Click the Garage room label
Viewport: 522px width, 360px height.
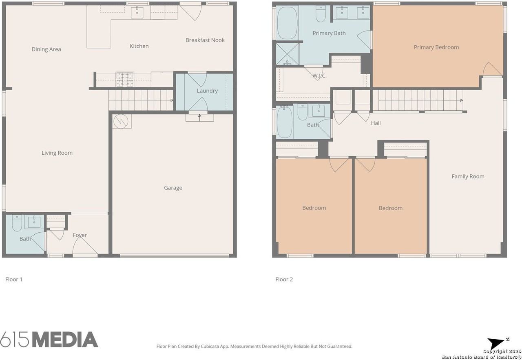pos(173,188)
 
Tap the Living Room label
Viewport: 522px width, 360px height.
pos(57,153)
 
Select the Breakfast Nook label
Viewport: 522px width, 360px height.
pos(205,40)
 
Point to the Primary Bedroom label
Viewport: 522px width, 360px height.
pos(436,47)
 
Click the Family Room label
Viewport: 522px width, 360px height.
pos(468,176)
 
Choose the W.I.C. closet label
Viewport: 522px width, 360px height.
pos(319,76)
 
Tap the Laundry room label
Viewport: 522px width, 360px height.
pos(207,91)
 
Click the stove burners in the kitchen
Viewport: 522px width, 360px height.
pos(125,79)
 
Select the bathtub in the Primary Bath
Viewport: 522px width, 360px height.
pos(287,23)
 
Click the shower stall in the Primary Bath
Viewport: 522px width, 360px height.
pos(288,54)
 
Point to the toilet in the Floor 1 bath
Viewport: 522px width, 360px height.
pos(17,223)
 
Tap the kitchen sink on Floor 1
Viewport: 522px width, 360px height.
pos(137,12)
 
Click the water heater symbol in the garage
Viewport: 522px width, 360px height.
pos(121,121)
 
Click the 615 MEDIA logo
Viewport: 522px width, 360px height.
pos(49,340)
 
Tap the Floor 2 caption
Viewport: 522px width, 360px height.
pos(284,279)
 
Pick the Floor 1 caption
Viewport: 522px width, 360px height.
pos(14,279)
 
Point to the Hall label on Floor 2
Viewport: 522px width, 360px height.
pos(376,123)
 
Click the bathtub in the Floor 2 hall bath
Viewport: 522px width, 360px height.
pos(284,122)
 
